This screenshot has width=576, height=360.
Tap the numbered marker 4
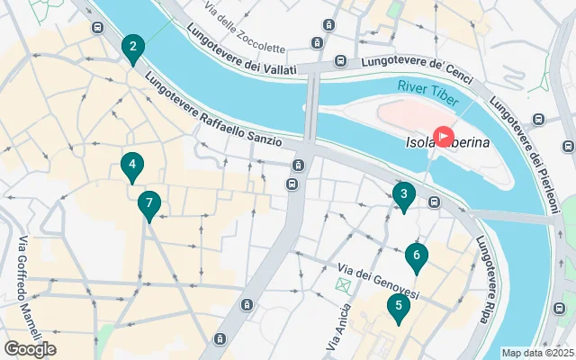click(x=132, y=166)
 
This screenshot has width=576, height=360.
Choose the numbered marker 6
click(x=415, y=256)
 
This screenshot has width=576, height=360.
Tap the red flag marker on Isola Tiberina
click(x=444, y=137)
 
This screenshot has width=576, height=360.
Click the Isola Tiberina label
click(x=446, y=144)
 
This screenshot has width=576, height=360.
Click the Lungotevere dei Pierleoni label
click(x=529, y=162)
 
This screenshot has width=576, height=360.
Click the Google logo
click(x=30, y=349)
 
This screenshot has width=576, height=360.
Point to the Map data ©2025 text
click(x=536, y=353)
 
